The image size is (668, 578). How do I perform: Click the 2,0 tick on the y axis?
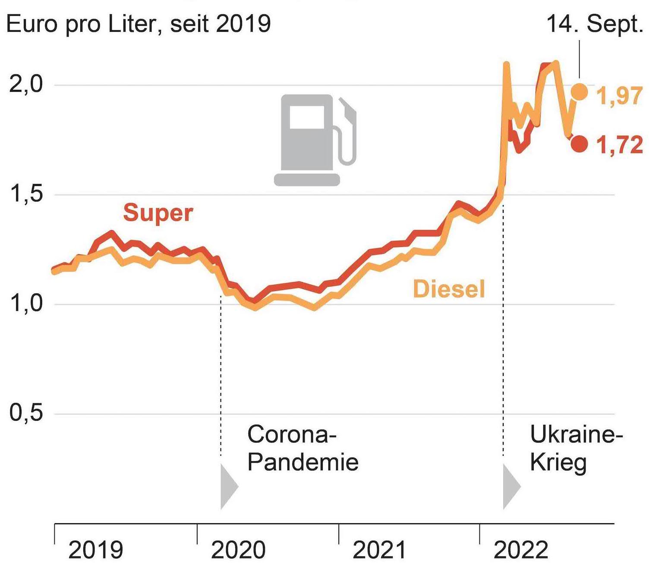coord(26,84)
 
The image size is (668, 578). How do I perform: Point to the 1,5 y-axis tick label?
coord(26,194)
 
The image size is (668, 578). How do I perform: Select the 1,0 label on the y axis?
coord(26,303)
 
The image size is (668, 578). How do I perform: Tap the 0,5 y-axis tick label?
coord(26,413)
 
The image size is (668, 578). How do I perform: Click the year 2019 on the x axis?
coord(95,550)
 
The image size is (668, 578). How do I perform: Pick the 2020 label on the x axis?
coord(238,550)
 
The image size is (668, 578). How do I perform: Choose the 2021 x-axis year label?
coord(379,550)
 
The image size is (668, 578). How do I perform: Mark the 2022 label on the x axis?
coord(520,550)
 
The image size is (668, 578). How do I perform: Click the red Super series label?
coord(158,213)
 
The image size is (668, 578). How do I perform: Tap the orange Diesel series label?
coord(449,289)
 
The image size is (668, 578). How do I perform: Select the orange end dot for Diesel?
coord(579,92)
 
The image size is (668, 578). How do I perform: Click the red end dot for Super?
coord(579,144)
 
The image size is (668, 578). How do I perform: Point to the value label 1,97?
coord(619,95)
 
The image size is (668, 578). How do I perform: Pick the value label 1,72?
coord(619,145)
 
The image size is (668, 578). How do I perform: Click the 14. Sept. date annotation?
coord(595,24)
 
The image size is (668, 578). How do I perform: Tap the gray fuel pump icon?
coord(315,139)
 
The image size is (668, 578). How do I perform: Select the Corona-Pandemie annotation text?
coord(302,448)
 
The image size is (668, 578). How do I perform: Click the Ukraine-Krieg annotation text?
coord(576,448)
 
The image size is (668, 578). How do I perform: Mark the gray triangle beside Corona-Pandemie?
coord(228,486)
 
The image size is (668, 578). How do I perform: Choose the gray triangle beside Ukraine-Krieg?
coord(511,486)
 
